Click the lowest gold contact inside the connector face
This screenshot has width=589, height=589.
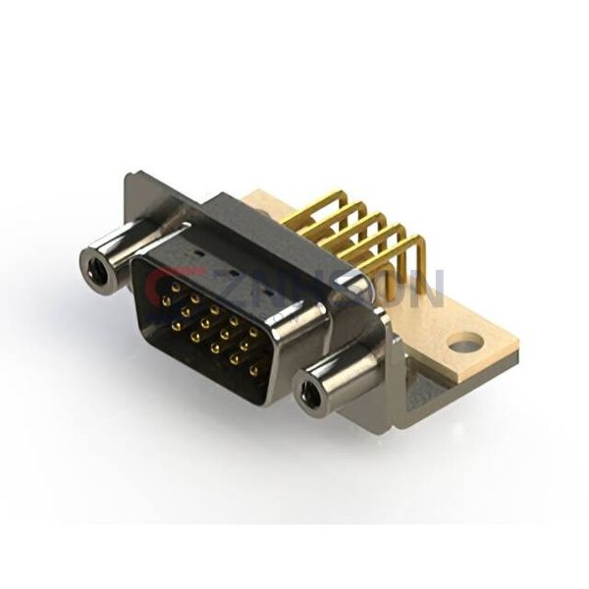pos(254,372)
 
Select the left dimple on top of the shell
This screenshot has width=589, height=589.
pos(202,252)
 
